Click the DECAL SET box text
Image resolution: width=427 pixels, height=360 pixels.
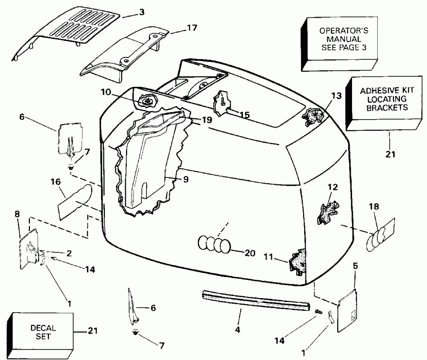[43, 332]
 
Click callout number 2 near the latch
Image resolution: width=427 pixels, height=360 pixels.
[69, 253]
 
